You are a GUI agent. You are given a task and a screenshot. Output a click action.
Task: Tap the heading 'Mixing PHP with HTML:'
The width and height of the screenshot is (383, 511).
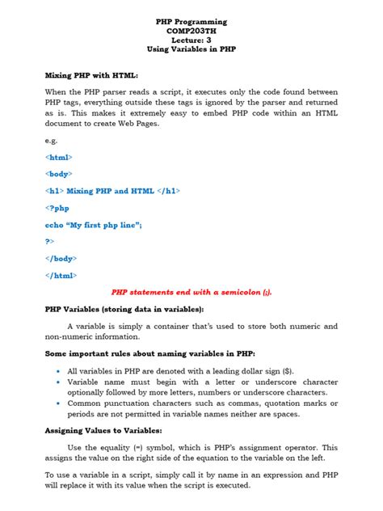pos(91,74)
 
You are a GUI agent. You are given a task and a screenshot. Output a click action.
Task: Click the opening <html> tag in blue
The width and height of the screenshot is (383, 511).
pos(59,158)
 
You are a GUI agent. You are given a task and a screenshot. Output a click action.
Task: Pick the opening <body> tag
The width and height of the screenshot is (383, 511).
pos(59,174)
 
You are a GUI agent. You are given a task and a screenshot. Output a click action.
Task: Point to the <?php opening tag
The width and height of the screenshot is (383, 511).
pos(58,208)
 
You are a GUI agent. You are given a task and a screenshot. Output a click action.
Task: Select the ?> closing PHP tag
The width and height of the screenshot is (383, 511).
pos(50,241)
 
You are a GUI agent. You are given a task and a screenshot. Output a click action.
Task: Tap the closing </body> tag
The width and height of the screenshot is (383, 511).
pos(61,258)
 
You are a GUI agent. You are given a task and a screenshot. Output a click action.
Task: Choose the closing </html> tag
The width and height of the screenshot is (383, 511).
pos(61,275)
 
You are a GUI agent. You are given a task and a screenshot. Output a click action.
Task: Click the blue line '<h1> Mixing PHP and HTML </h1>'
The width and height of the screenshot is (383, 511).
pos(112,191)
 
